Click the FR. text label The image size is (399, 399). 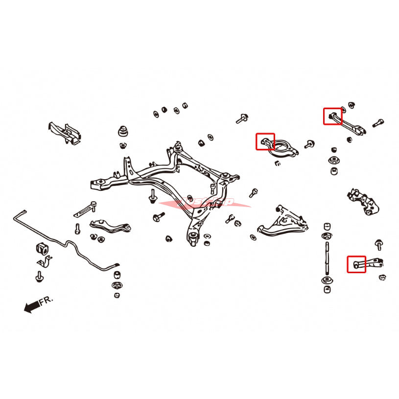click(46, 301)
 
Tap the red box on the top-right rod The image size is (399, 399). click(332, 117)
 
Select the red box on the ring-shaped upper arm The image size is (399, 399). click(266, 142)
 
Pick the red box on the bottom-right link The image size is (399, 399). click(356, 264)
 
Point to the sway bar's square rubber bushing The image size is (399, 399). click(44, 248)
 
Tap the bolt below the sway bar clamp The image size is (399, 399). click(38, 277)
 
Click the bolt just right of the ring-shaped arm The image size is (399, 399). click(308, 144)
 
